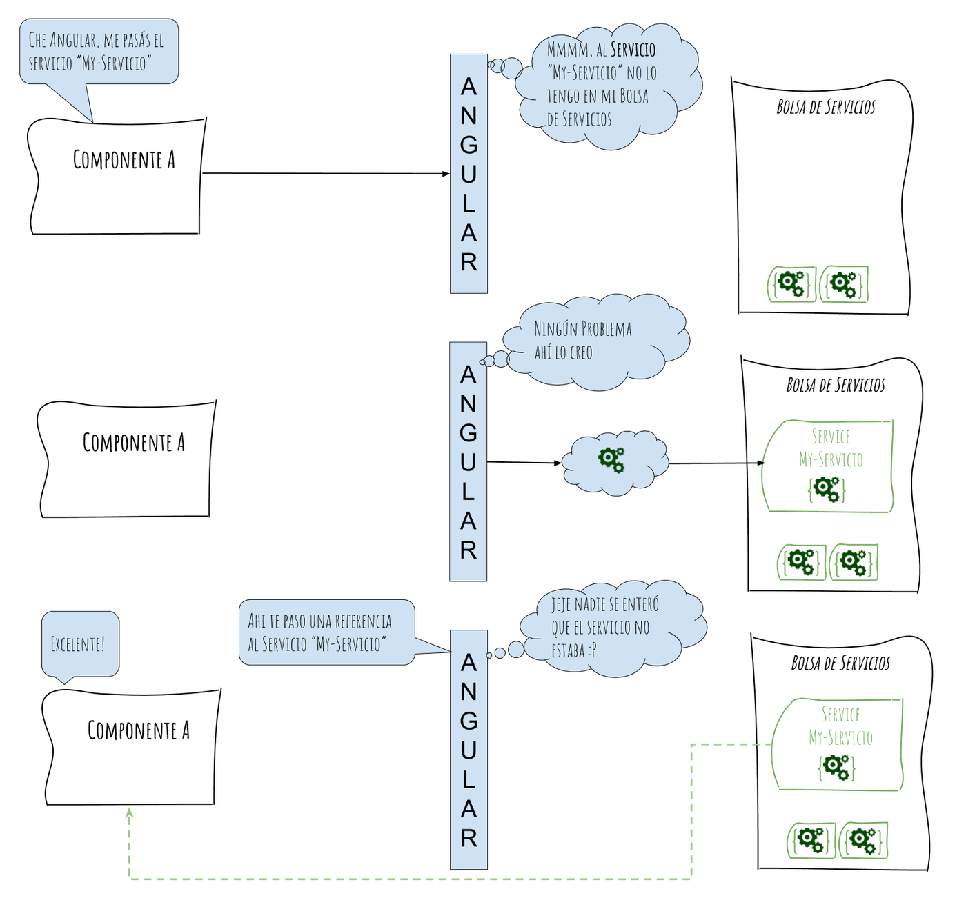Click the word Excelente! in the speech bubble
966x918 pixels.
(78, 643)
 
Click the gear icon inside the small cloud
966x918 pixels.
(611, 460)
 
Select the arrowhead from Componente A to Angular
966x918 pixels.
(446, 173)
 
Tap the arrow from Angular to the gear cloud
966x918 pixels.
(524, 462)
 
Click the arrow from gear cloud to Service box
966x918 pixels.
(716, 463)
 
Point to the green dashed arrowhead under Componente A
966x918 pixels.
(129, 813)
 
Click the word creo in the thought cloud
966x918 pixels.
(581, 352)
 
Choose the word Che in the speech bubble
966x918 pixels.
(37, 40)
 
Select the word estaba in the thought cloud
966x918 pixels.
(567, 650)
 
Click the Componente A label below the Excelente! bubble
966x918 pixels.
(139, 730)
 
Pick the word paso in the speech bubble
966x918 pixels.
(295, 621)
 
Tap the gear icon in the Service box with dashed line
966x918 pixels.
(836, 767)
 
